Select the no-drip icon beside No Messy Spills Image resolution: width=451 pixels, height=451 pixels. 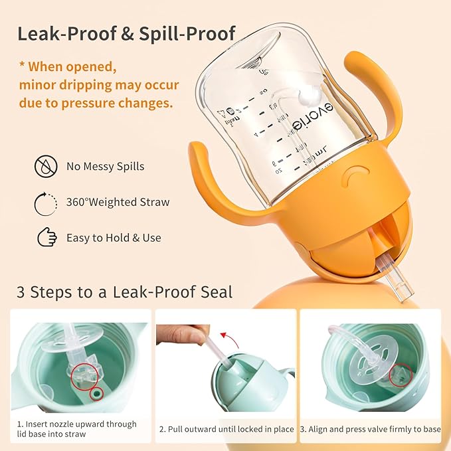pos(45,166)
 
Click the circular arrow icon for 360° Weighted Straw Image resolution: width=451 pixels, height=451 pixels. pos(45,202)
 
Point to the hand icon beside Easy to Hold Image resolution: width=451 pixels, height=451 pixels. pos(46,237)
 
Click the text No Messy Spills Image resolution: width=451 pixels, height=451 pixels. pos(106,166)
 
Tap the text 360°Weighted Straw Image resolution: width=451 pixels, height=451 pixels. pos(118,202)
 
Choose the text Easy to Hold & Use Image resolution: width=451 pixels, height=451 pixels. pos(114,237)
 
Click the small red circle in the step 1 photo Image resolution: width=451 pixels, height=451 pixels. pos(98,394)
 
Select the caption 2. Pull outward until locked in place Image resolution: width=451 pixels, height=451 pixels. pos(226,429)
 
